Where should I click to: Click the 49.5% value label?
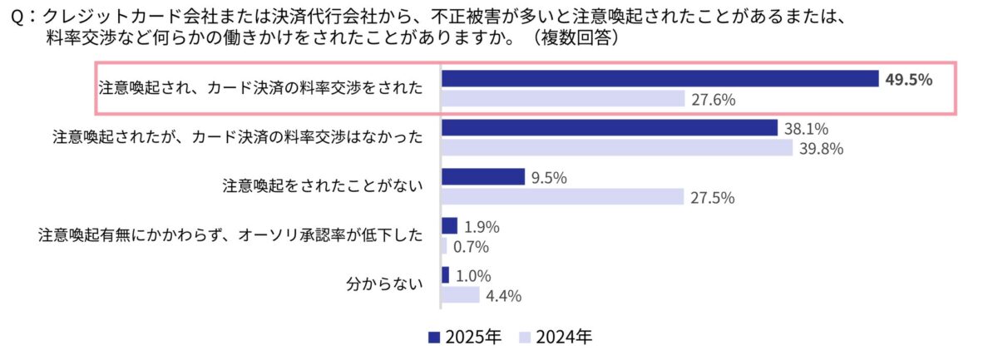tap(909, 79)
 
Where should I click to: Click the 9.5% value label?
tap(549, 177)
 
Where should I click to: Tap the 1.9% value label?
tap(482, 225)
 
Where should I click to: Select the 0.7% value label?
tap(471, 246)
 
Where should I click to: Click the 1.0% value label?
tap(473, 275)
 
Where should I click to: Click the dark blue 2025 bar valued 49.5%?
tap(660, 78)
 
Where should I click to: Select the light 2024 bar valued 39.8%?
tap(616, 148)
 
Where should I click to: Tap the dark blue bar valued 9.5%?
tap(482, 176)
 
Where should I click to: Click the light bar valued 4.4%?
tap(460, 295)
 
